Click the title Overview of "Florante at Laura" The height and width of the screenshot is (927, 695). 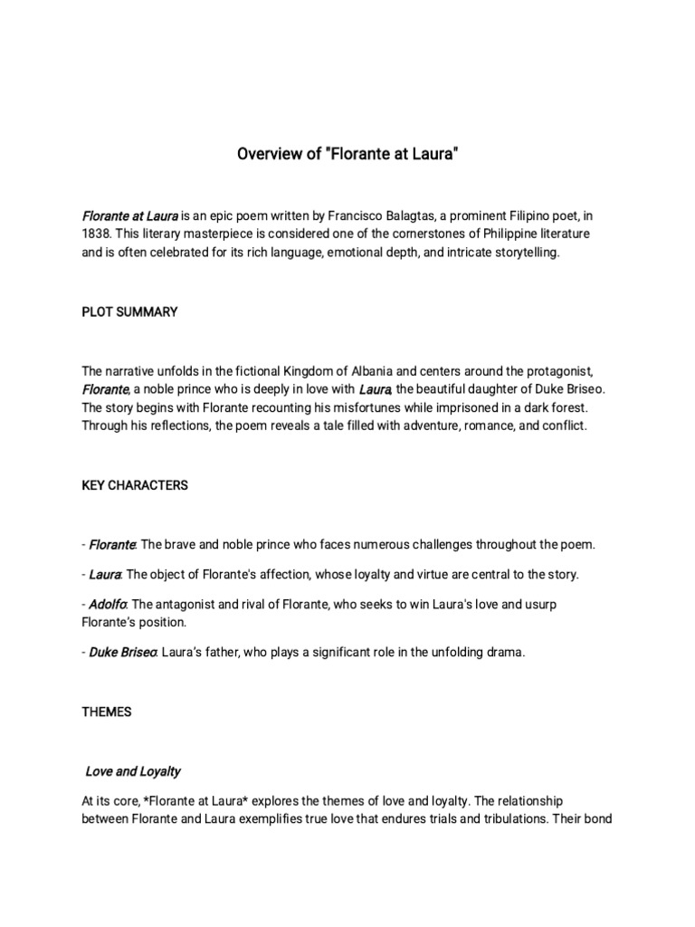pos(347,155)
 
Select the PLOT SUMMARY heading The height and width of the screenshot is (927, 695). pos(129,312)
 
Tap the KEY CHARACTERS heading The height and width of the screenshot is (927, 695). pos(135,485)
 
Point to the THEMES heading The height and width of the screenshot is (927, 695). pos(106,712)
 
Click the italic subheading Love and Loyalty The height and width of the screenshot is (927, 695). pos(133,771)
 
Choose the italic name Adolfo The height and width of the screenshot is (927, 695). pos(109,604)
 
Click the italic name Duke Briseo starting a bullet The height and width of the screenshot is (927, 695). pos(123,652)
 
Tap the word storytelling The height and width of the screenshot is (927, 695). pos(521,253)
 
